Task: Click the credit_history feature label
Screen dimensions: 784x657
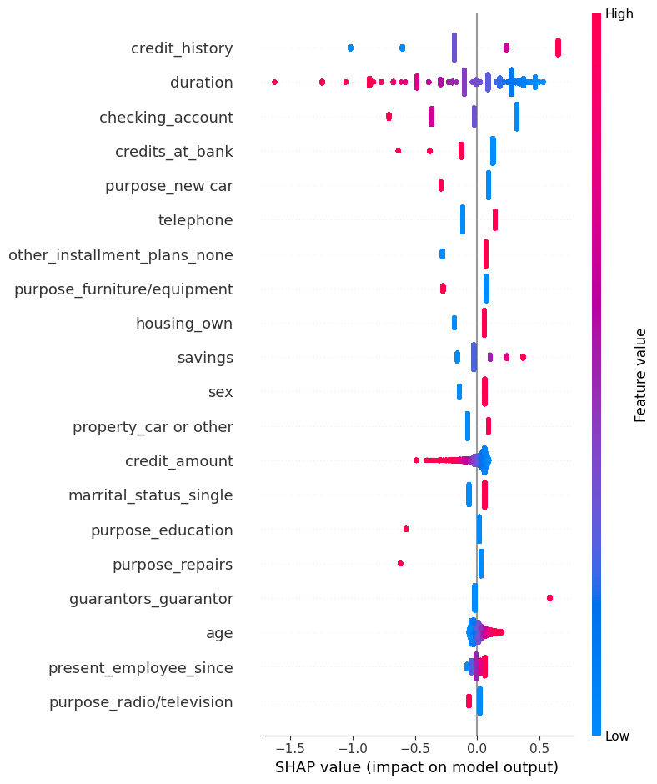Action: tap(182, 48)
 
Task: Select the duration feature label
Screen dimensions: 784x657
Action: tap(201, 83)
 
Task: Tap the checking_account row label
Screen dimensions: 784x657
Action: tap(166, 118)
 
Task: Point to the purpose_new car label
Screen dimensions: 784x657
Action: tap(168, 186)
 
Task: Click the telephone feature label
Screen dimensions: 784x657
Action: tap(195, 220)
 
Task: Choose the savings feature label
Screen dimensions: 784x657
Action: tap(205, 358)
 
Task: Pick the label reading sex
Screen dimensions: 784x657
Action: tap(220, 392)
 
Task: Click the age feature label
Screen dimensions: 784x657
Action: tap(219, 633)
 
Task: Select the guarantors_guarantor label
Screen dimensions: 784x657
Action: tap(151, 599)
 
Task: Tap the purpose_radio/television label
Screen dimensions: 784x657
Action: tap(141, 702)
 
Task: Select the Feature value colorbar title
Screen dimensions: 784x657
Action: tap(640, 374)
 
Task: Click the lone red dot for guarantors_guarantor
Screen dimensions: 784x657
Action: tap(549, 598)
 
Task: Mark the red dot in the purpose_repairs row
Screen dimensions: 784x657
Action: tap(400, 564)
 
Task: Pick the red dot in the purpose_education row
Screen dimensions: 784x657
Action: tap(406, 529)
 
